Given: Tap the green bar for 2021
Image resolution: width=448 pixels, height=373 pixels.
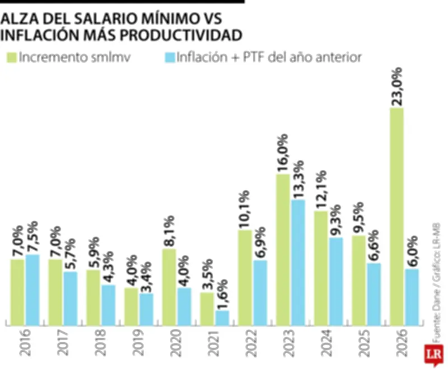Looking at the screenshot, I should pos(207,309).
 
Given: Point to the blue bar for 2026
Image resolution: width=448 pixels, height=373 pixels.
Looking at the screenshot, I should pos(412,297).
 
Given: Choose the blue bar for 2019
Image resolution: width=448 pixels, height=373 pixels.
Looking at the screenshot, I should pos(146,309).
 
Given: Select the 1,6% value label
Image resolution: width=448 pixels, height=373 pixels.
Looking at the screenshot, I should pos(222,291).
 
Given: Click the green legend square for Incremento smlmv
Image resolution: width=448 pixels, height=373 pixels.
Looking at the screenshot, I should pos(11,57).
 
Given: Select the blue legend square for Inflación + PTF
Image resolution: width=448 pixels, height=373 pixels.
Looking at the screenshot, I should pos(170,57).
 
